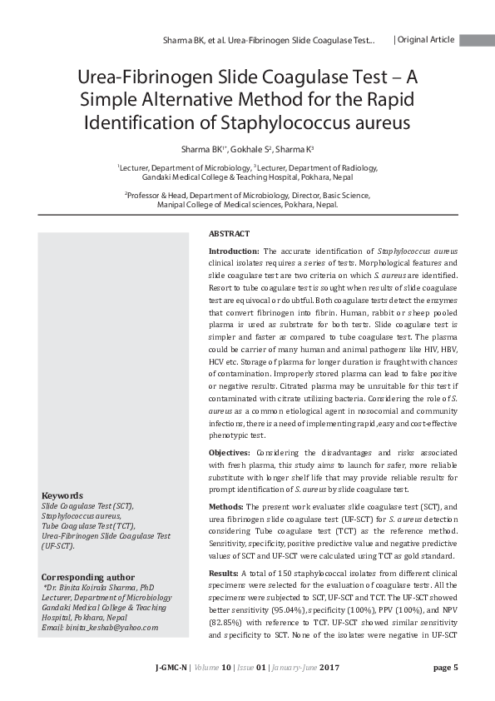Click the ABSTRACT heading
[229, 234]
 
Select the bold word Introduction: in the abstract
[234, 250]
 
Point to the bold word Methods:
[226, 506]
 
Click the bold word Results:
[223, 573]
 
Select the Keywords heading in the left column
[62, 495]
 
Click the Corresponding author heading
[87, 576]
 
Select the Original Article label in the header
[425, 39]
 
